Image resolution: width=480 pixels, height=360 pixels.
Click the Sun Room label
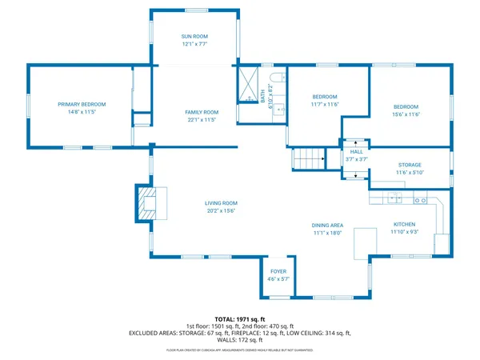pos(195,37)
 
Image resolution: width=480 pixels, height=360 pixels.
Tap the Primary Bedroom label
pos(82,104)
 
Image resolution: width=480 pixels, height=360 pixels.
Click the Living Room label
pos(221,203)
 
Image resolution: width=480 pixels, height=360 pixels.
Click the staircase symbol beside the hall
pos(308,159)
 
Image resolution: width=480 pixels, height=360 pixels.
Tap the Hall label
pos(356,151)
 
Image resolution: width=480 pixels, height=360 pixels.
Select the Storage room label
pos(410,164)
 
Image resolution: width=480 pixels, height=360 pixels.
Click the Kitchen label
pos(404,224)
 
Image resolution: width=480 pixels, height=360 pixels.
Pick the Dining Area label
pos(327,226)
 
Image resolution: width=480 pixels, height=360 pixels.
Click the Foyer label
pos(278,272)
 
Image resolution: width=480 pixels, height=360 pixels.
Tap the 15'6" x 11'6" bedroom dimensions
pos(406,114)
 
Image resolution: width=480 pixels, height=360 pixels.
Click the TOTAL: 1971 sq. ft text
pos(239,318)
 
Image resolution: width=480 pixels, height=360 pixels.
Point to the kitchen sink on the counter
pos(394,197)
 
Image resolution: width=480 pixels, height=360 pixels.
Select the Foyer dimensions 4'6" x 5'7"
pos(278,280)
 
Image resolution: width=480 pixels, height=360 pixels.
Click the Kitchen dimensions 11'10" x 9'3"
pos(404,232)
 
